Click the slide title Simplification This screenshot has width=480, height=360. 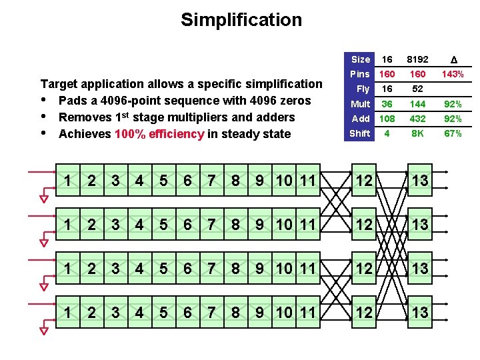pyautogui.click(x=241, y=20)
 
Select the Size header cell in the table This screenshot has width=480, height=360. pyautogui.click(x=360, y=59)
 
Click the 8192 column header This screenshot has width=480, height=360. pyautogui.click(x=417, y=59)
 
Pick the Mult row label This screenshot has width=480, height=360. pyautogui.click(x=360, y=104)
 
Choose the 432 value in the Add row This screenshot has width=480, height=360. pyautogui.click(x=417, y=119)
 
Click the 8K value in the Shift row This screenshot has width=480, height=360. pyautogui.click(x=417, y=133)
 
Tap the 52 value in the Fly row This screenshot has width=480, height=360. pyautogui.click(x=417, y=89)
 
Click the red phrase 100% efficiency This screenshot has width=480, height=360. pyautogui.click(x=159, y=134)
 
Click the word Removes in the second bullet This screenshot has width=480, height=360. pyautogui.click(x=83, y=117)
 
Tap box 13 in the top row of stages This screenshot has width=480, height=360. pyautogui.click(x=419, y=181)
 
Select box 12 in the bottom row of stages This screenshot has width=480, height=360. pyautogui.click(x=364, y=313)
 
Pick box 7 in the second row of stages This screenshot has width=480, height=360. pyautogui.click(x=211, y=225)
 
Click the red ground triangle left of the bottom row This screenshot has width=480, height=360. pyautogui.click(x=44, y=329)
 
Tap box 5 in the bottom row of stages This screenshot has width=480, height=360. pyautogui.click(x=163, y=313)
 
